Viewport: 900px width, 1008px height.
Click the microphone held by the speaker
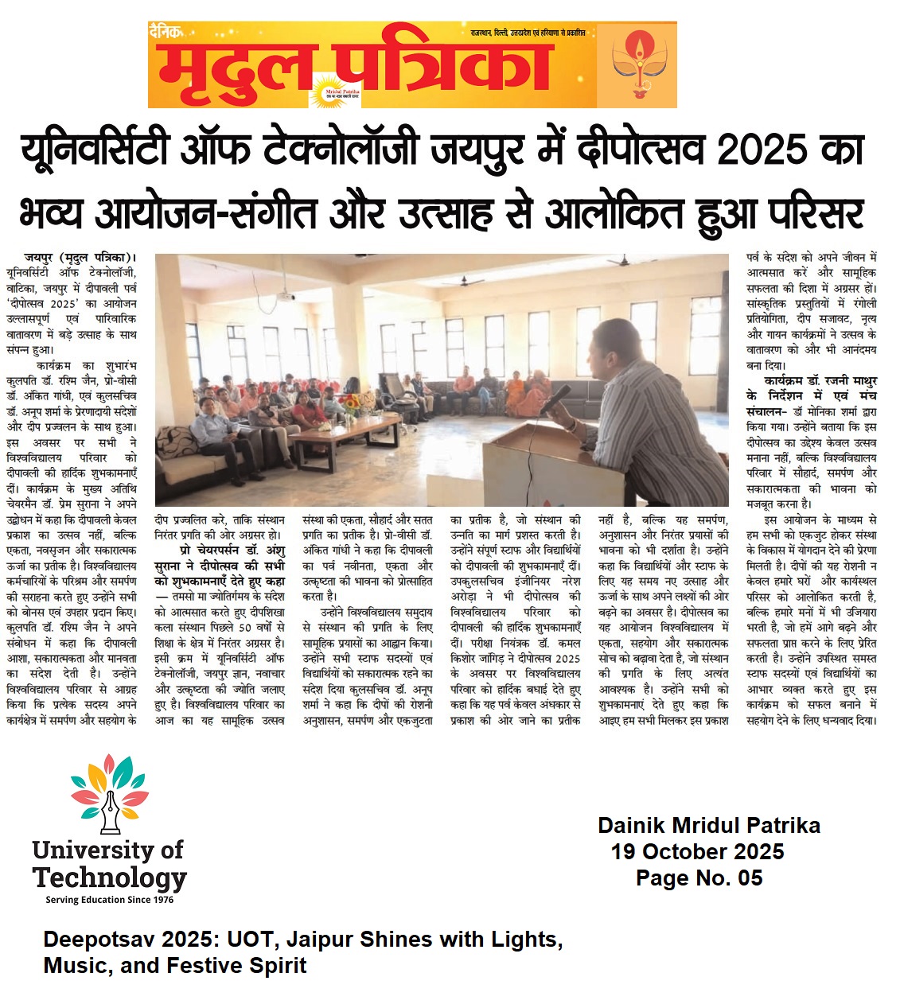coord(558,397)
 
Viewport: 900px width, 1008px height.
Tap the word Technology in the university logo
coord(110,878)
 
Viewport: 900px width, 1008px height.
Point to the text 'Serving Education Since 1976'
coord(110,900)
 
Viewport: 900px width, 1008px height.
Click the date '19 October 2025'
coord(697,851)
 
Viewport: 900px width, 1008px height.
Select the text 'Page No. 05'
coord(699,878)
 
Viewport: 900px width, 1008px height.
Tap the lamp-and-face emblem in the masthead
coord(637,65)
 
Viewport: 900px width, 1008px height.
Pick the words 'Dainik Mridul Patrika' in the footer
coord(709,825)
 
